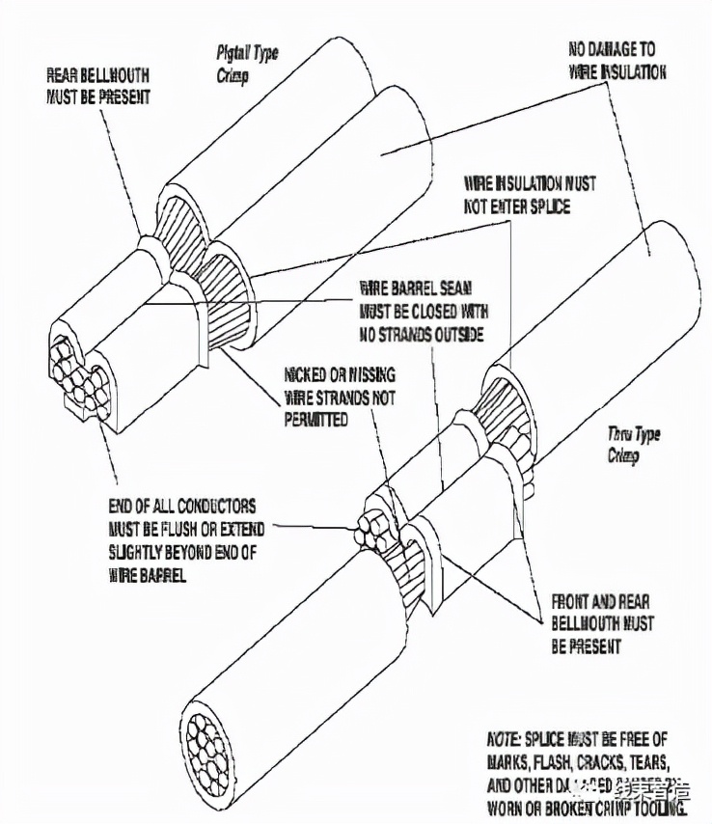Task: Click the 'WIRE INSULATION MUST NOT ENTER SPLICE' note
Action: (x=530, y=194)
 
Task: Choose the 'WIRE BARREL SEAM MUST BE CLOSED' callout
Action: (x=424, y=311)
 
